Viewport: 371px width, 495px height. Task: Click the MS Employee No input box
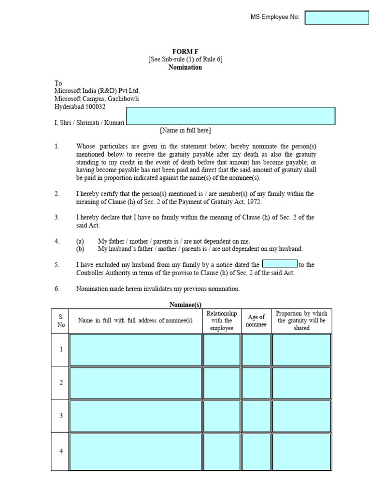[x=337, y=18]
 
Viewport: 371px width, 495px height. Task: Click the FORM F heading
[x=185, y=51]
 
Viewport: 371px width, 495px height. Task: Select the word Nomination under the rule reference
[x=185, y=67]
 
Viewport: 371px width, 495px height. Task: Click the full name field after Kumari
[x=230, y=116]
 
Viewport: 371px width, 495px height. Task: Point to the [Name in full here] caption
[x=185, y=130]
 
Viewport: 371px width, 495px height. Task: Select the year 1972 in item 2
[x=253, y=202]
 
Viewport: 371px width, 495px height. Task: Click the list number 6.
[x=57, y=289]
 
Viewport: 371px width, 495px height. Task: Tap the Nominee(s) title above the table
[x=185, y=305]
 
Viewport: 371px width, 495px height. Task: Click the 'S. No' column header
[x=61, y=320]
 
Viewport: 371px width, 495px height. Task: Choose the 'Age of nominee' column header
[x=257, y=320]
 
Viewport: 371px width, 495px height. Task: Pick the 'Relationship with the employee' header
[x=222, y=320]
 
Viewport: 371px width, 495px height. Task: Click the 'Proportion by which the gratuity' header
[x=301, y=320]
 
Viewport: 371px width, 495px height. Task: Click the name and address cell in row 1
[x=136, y=349]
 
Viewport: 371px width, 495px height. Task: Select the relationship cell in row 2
[x=222, y=382]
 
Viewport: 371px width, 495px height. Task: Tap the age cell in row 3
[x=257, y=415]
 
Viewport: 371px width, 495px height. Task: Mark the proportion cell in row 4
[x=301, y=451]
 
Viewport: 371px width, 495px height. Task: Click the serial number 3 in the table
[x=61, y=415]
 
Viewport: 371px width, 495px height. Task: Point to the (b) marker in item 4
[x=80, y=249]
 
